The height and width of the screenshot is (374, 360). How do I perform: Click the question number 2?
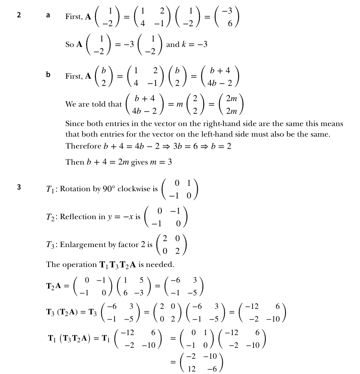(19, 15)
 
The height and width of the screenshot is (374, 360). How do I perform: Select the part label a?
(48, 15)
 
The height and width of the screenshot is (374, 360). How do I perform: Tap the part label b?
(48, 75)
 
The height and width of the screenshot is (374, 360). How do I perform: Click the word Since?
(74, 124)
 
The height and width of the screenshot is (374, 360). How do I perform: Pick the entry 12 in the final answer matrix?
(191, 368)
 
